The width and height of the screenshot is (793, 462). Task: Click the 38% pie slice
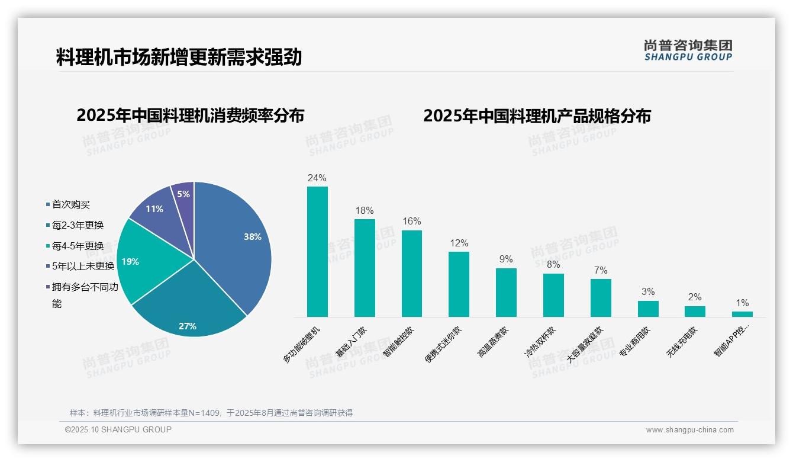[237, 243]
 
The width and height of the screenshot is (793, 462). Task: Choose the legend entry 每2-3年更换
[78, 225]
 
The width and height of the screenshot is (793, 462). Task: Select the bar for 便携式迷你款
[459, 284]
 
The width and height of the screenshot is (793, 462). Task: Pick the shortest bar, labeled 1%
[742, 314]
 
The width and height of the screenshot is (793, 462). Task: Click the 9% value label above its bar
[506, 259]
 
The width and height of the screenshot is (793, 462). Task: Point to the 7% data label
[601, 270]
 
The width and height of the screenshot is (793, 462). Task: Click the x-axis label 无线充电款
[682, 342]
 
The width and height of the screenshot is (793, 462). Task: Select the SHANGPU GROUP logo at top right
[688, 50]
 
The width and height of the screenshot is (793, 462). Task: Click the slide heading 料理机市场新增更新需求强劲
[179, 57]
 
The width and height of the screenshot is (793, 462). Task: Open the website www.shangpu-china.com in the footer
[689, 430]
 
